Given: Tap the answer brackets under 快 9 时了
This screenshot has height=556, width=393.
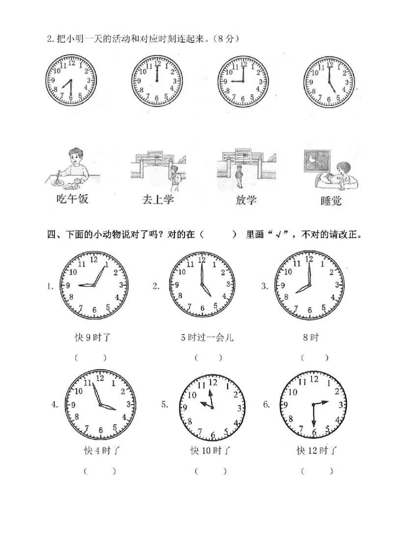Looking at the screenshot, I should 91,358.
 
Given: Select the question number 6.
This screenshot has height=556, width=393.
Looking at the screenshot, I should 266,405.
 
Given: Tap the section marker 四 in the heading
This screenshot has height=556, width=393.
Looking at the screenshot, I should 52,234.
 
